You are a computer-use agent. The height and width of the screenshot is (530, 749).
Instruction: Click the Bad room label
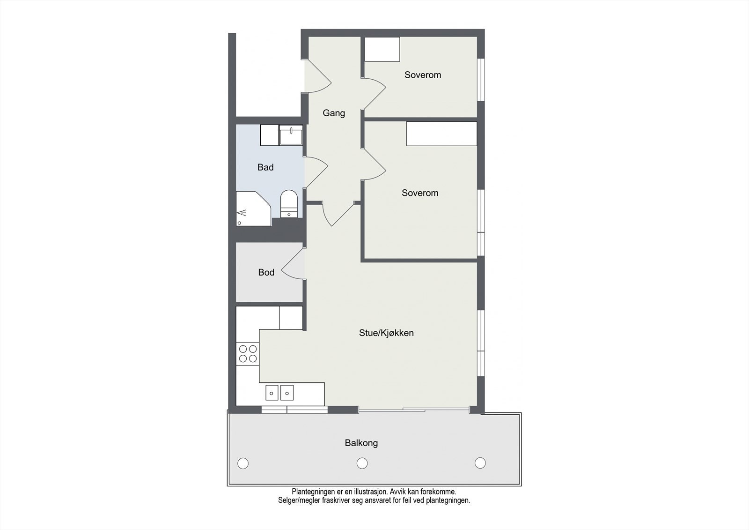click(265, 167)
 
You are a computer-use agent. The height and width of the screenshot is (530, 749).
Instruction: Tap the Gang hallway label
click(334, 113)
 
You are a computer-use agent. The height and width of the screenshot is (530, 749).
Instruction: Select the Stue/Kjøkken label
click(386, 333)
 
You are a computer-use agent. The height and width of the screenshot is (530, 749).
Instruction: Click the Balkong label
click(361, 443)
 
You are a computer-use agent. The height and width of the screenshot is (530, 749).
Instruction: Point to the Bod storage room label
click(266, 272)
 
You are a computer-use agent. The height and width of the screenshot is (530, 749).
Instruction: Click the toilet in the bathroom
click(289, 204)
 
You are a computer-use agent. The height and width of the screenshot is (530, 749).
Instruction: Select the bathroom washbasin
click(291, 135)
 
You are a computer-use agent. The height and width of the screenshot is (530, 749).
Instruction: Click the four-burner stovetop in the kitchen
click(248, 354)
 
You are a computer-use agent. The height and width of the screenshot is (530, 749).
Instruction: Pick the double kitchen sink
click(279, 392)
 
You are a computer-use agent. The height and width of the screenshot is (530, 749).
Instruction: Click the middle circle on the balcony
click(362, 463)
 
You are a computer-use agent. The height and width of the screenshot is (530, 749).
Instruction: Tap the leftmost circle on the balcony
click(243, 463)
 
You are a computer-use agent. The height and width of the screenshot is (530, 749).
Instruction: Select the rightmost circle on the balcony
click(480, 463)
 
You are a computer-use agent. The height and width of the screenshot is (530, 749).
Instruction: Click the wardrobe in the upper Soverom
click(382, 49)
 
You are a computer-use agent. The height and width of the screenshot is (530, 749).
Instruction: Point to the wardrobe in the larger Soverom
click(441, 134)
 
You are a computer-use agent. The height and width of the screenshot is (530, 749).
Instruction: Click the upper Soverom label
click(423, 75)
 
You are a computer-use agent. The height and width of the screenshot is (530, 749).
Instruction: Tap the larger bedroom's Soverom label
click(420, 193)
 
